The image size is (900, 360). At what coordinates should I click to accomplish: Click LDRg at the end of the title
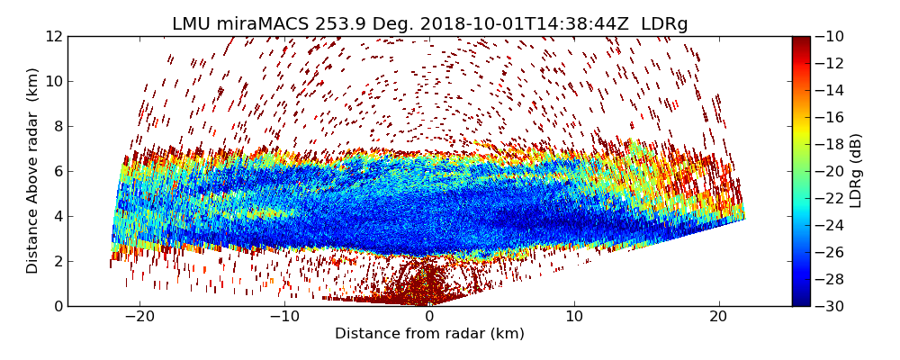664,24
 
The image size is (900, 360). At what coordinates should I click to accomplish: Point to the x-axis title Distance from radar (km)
429,334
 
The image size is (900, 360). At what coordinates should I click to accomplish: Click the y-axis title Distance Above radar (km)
33,171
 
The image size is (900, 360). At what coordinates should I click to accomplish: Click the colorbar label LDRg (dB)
856,171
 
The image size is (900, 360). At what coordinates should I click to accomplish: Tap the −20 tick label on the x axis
139,317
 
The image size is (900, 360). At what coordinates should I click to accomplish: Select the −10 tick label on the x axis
284,317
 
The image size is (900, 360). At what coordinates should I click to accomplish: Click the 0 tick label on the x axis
429,317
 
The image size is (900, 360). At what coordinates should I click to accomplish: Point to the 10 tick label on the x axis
574,317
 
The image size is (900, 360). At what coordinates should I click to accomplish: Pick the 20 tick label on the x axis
718,317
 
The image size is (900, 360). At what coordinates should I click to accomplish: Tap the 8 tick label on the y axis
58,126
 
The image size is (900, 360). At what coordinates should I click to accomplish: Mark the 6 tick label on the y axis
58,171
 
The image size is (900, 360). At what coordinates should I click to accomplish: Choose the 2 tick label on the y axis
58,261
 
